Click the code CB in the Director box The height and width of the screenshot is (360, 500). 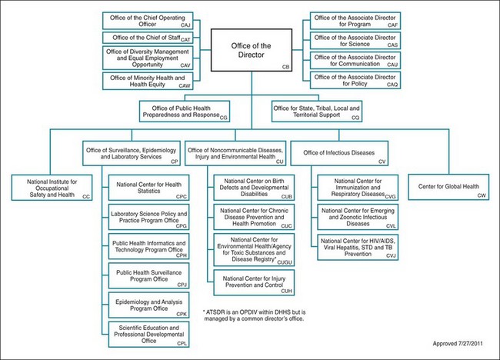[286, 68]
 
